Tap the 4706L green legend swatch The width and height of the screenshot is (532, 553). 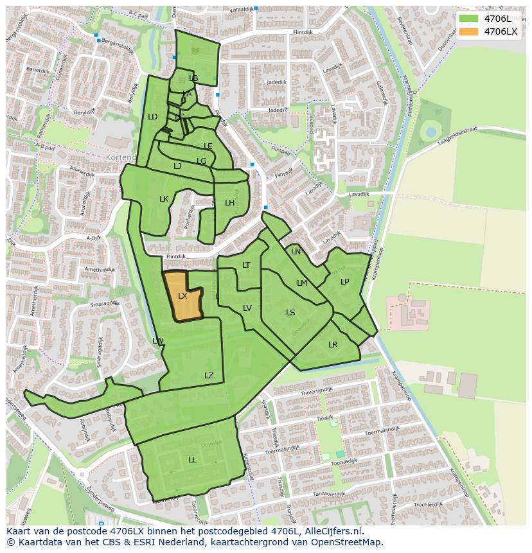[x=469, y=19]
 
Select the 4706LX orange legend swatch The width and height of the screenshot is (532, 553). [x=469, y=31]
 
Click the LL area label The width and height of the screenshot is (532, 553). [x=192, y=460]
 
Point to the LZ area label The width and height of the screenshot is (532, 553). [x=209, y=376]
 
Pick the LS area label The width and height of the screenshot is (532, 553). [x=290, y=313]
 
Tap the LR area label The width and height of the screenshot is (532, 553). [x=333, y=345]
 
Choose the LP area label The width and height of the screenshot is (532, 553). [x=345, y=282]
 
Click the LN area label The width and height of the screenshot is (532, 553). [x=296, y=252]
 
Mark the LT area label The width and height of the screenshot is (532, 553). [x=246, y=265]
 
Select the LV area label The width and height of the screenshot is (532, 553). [x=247, y=308]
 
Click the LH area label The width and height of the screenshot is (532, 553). [x=229, y=203]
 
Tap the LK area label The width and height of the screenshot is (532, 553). [x=164, y=199]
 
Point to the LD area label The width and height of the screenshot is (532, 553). [x=152, y=117]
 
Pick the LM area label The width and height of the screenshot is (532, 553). [x=302, y=283]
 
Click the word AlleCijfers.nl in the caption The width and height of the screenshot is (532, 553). [x=333, y=531]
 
